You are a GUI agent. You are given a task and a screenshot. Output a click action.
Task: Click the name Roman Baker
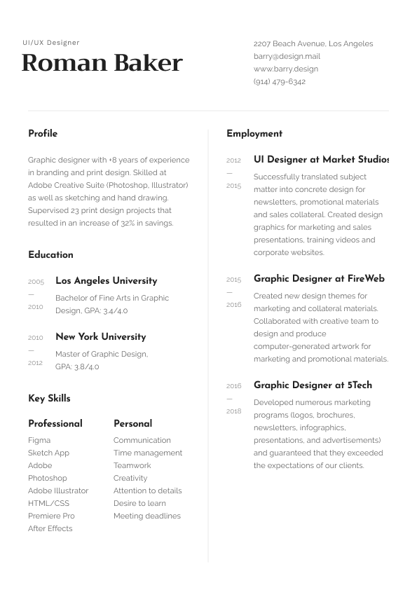coord(102,63)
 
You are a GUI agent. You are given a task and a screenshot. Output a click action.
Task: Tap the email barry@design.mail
coord(287,56)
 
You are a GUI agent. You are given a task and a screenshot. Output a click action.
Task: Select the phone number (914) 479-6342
coord(280,81)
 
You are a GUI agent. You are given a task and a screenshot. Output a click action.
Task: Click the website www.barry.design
coord(286,69)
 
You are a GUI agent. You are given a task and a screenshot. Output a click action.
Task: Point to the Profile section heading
coord(43,133)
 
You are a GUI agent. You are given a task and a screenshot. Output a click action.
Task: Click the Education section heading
coord(50,254)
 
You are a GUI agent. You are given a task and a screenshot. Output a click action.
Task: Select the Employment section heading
coord(254,133)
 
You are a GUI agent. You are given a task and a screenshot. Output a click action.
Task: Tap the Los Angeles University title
coord(106,280)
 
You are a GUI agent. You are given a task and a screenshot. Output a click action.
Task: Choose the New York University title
coord(100,336)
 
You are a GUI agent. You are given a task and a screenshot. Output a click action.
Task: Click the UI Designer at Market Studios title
coord(320,160)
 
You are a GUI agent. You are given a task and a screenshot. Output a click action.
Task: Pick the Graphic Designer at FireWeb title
coord(319,278)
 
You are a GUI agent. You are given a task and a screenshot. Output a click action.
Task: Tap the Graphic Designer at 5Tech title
coord(313,385)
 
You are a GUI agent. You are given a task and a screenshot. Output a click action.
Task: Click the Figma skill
coord(39,440)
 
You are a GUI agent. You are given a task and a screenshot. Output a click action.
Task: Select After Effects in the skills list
coord(50,528)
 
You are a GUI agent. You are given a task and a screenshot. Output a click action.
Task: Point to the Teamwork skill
coord(132,465)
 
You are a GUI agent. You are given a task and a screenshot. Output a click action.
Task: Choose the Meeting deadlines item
coord(147,516)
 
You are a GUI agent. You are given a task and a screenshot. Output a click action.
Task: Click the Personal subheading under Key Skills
coord(132,423)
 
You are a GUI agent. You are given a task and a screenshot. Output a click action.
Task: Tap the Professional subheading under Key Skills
coord(55,423)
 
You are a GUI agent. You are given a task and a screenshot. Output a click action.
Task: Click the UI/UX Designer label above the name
coord(51,43)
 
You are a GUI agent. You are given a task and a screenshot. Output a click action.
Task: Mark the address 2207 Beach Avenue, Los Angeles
coord(313,43)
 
